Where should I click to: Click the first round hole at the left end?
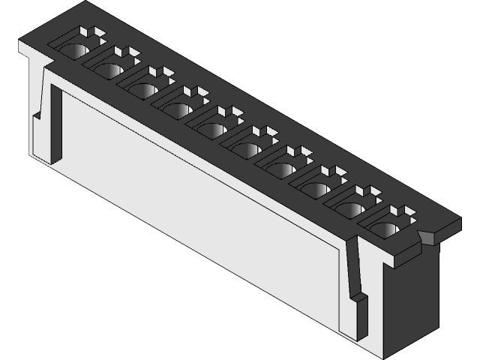click(x=73, y=51)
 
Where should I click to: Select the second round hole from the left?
click(x=108, y=69)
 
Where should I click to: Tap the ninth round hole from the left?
click(x=351, y=208)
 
